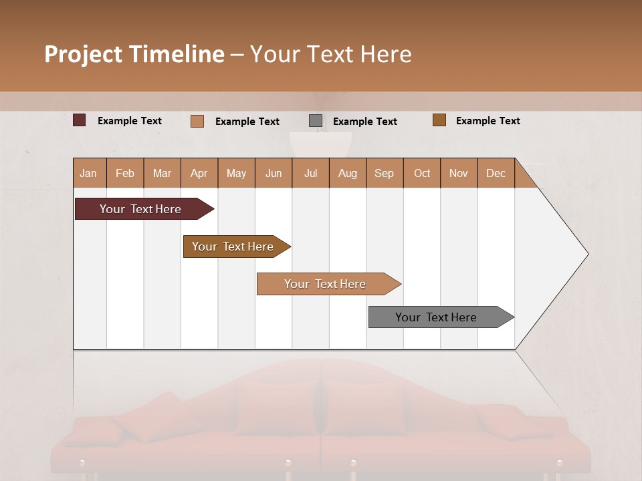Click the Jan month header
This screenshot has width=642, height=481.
88,173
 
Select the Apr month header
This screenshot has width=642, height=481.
199,173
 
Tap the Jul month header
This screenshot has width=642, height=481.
310,173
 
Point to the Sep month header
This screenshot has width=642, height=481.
384,173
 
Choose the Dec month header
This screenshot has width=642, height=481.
496,173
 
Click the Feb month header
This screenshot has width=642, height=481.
125,173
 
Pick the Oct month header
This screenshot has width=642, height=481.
422,173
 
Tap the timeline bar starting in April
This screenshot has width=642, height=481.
234,247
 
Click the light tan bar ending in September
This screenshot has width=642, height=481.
326,284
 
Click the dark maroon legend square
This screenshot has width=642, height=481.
80,120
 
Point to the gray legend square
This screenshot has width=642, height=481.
316,121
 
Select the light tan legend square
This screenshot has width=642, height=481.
197,121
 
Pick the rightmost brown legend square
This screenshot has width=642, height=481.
439,120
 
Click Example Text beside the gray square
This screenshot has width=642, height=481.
364,122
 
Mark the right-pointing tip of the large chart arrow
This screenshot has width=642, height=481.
587,254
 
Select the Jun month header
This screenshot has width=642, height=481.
274,173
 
